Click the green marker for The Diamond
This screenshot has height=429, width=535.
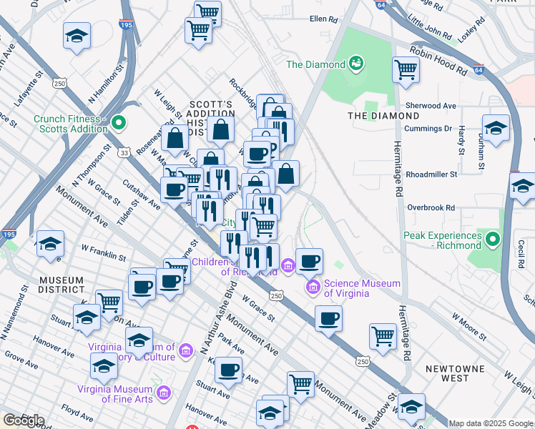point(355,64)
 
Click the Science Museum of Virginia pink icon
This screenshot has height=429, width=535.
point(312,287)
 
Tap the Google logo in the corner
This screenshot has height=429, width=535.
point(23,420)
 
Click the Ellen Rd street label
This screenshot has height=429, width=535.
point(323,19)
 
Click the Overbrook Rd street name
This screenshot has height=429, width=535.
point(431,207)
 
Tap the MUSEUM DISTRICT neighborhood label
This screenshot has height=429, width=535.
point(62,284)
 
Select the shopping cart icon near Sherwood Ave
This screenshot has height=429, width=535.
point(406,70)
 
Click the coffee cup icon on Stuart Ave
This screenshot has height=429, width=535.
point(228,370)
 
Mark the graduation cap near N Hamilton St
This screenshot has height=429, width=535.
point(77,36)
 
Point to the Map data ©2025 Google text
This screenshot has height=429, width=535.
point(491,423)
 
